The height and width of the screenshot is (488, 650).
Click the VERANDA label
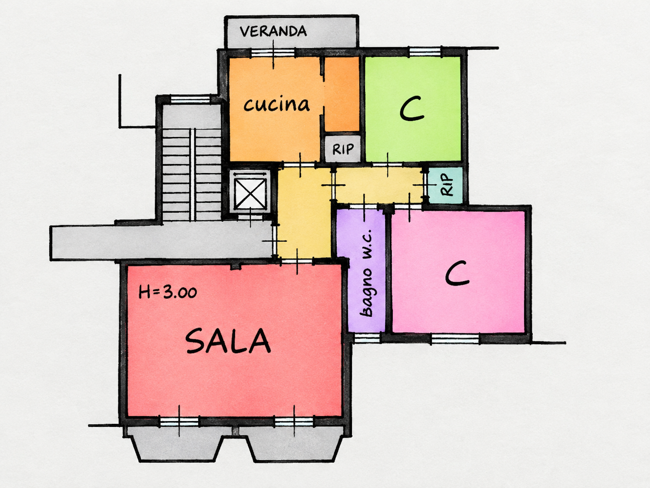tap(273, 31)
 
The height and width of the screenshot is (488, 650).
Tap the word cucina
tap(277, 104)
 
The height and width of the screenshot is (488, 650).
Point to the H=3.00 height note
tap(167, 292)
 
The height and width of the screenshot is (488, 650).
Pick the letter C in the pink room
tap(457, 273)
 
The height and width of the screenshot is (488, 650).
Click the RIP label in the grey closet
tap(343, 149)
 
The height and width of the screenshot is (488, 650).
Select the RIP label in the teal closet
tap(447, 185)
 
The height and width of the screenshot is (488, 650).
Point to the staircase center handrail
tap(193, 174)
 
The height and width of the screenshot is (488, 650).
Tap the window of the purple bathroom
tap(367, 338)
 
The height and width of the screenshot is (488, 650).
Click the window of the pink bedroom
tap(455, 338)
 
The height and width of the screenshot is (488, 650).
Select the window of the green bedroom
tap(425, 52)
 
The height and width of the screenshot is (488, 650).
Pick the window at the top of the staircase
tap(190, 99)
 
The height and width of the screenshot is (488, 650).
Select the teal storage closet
tap(446, 185)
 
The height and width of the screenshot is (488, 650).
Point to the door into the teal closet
tap(426, 185)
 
